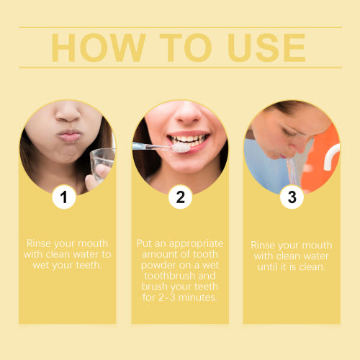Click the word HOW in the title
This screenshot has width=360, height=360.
[x=99, y=48]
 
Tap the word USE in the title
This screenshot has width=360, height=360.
[x=267, y=48]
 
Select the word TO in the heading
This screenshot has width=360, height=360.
[x=185, y=48]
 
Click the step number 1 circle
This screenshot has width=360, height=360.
[x=64, y=197]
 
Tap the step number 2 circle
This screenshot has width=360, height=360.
[x=180, y=197]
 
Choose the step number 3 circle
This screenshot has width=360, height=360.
[x=292, y=197]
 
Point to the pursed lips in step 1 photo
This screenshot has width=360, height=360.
[x=69, y=136]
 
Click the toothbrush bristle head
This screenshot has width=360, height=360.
[x=181, y=148]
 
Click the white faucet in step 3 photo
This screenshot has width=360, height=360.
[x=331, y=157]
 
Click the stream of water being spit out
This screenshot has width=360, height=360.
[x=292, y=171]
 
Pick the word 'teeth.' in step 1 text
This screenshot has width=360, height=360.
[x=89, y=265]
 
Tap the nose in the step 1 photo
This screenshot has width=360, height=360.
[x=68, y=113]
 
